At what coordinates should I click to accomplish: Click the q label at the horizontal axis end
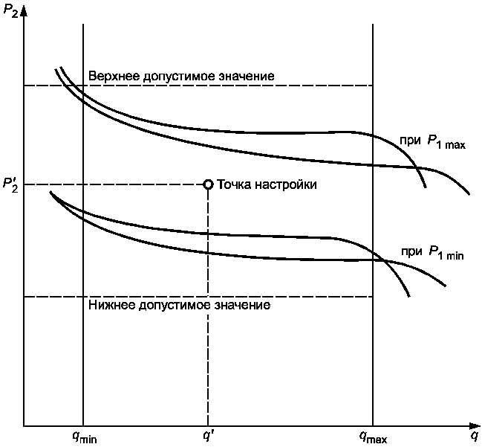[473, 436]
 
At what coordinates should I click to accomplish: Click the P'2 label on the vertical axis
[10, 185]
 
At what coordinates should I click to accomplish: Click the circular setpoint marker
[208, 184]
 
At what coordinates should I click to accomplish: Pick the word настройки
[284, 184]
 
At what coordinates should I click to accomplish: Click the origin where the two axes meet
[25, 427]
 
